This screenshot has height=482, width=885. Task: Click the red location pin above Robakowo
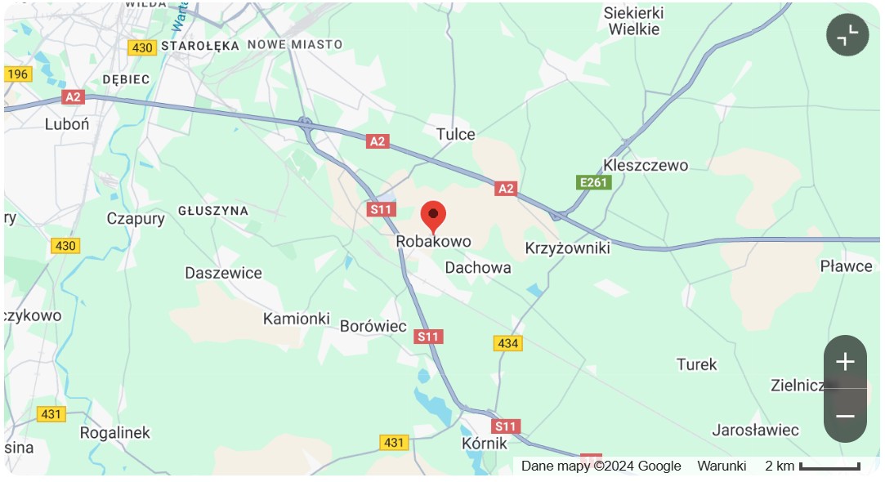433,216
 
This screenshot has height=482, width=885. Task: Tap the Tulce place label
455,134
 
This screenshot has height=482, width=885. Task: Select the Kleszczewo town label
645,166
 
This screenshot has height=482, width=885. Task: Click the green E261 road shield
593,182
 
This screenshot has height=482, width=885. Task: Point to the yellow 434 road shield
507,343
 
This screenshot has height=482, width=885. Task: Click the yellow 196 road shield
18,74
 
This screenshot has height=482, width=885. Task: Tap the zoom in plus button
845,362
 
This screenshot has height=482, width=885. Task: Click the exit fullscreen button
847,35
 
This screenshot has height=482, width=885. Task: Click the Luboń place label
67,124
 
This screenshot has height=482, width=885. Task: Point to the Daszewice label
223,273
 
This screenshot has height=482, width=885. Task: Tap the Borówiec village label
373,326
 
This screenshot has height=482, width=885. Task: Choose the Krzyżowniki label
567,248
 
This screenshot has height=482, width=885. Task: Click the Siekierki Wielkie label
633,21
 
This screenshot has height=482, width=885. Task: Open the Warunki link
722,466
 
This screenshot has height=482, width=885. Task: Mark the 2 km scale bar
829,466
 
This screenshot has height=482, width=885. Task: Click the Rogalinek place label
115,432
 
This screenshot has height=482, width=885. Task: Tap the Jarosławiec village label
755,430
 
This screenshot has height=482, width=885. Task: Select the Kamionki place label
296,319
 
